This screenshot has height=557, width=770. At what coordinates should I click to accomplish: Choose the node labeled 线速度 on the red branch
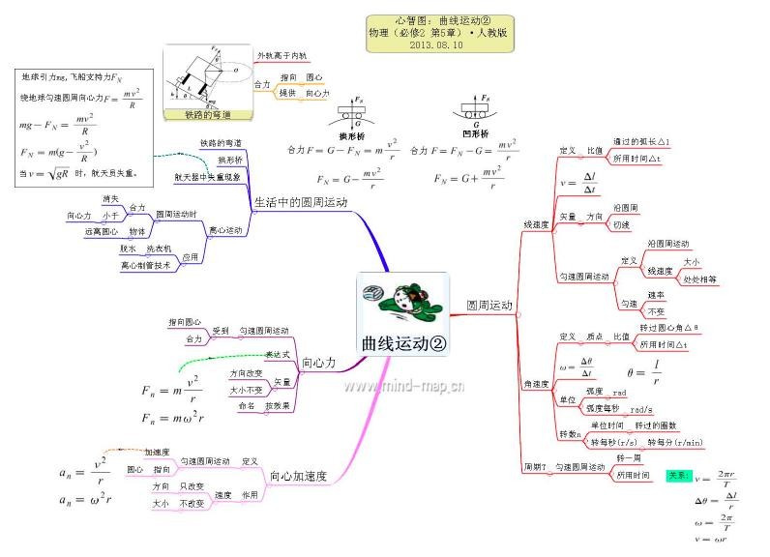click(537, 224)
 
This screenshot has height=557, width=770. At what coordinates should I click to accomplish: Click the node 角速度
click(537, 385)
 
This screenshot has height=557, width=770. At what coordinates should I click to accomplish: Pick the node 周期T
click(535, 467)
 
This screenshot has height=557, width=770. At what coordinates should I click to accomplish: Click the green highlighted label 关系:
click(678, 476)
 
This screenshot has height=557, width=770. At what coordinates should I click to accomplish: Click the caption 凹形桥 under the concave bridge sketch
click(476, 132)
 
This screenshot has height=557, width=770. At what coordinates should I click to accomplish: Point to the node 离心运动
click(226, 231)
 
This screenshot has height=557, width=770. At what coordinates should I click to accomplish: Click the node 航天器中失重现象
click(206, 177)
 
